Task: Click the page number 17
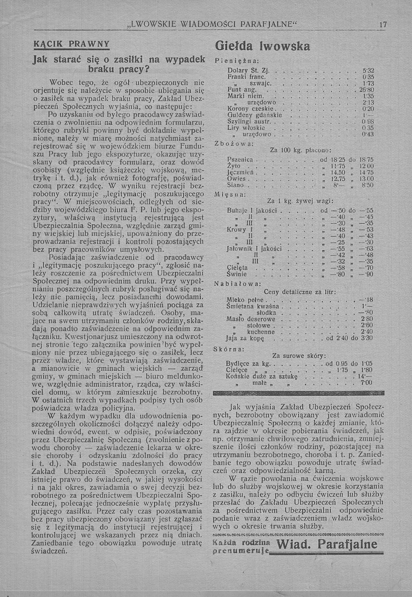(x=383, y=24)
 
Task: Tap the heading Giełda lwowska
(x=262, y=46)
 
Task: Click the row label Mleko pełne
(x=245, y=300)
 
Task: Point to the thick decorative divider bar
(x=299, y=393)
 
